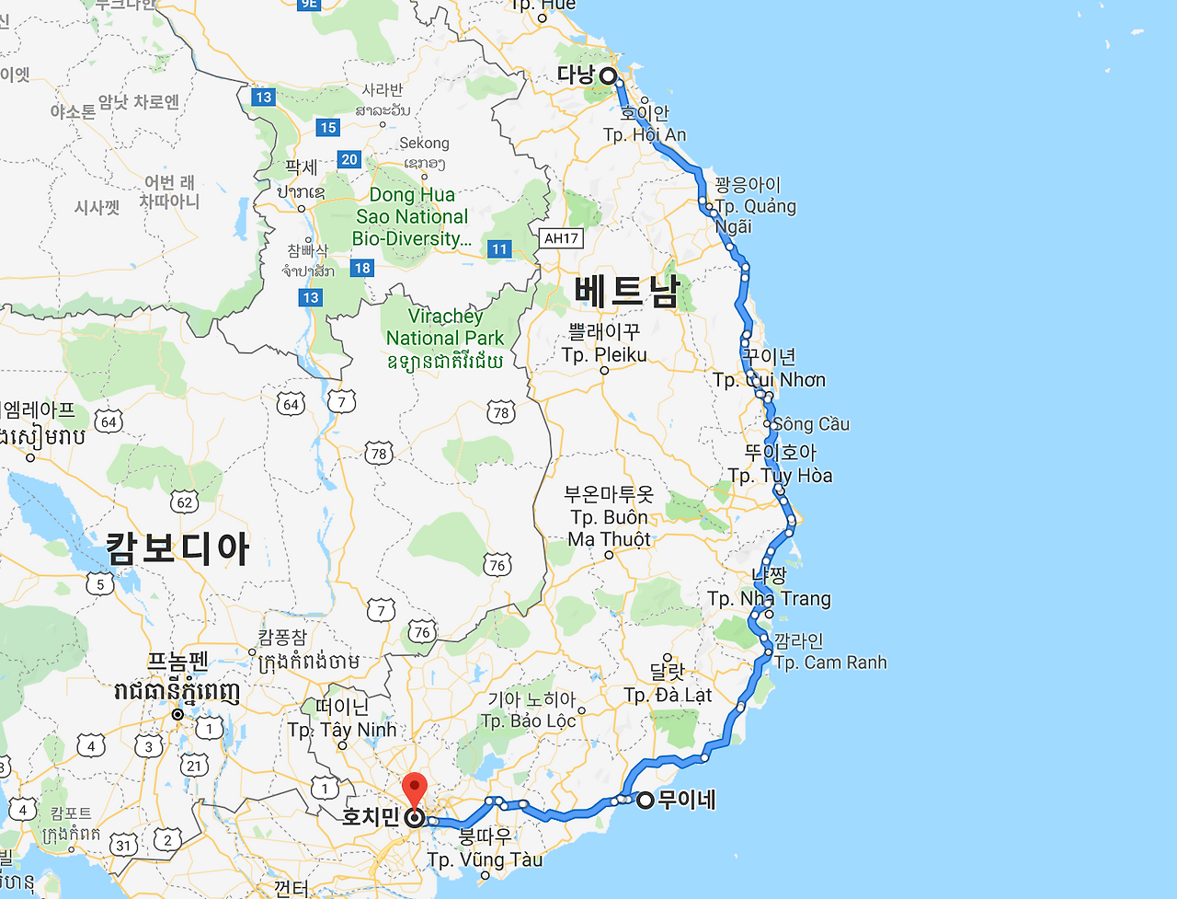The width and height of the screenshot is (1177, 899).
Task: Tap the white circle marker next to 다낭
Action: click(x=608, y=76)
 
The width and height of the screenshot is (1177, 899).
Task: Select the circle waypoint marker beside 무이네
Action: click(x=646, y=801)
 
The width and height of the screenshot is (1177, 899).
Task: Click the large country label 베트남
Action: click(x=626, y=292)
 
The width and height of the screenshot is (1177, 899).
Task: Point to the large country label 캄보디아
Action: click(x=177, y=548)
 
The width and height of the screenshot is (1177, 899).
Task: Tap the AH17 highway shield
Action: click(x=561, y=238)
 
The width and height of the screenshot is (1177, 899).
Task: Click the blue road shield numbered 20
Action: click(x=349, y=159)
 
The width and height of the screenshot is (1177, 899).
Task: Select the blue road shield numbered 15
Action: click(x=328, y=128)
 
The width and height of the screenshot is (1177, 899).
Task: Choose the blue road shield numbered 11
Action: click(x=499, y=248)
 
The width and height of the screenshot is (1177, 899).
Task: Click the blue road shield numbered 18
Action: click(x=362, y=269)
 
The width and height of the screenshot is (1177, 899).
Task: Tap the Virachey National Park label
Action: click(x=445, y=328)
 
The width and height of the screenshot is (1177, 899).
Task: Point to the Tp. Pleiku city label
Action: click(x=604, y=355)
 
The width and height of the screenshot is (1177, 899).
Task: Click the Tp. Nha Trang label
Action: click(x=769, y=599)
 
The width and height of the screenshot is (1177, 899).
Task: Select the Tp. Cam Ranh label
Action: click(x=830, y=663)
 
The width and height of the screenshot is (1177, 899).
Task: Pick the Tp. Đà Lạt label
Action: click(x=668, y=695)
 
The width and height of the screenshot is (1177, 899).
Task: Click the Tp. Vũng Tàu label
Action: click(x=485, y=860)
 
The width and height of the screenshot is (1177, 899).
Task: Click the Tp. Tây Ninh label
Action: click(x=342, y=730)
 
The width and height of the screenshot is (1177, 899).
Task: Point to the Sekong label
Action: click(x=424, y=144)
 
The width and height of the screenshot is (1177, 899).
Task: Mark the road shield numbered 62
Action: click(x=185, y=501)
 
